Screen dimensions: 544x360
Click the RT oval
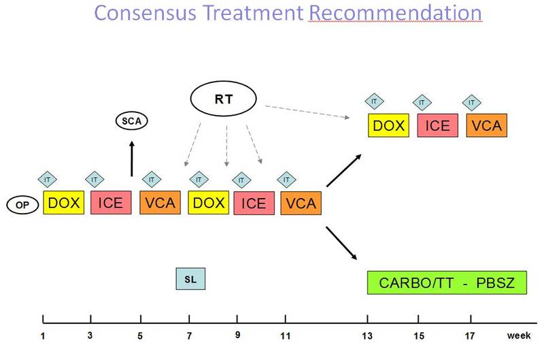[x=224, y=99]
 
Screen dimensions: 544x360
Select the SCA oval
[x=131, y=121]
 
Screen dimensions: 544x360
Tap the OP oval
[x=22, y=205]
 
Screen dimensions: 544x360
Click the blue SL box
[x=190, y=279]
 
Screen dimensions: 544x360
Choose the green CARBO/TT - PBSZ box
[x=447, y=282]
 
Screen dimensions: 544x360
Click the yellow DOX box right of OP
[x=63, y=202]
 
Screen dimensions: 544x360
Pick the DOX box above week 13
[x=388, y=125]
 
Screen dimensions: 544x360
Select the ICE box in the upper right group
[x=437, y=125]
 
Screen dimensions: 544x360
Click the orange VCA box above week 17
[x=487, y=125]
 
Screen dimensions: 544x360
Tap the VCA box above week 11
[x=301, y=203]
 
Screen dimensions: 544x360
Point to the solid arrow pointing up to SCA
[x=131, y=159]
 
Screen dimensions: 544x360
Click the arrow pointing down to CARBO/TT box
[x=341, y=244]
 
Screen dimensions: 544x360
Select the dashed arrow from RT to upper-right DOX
[x=307, y=112]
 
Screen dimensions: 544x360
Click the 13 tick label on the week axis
[x=367, y=336]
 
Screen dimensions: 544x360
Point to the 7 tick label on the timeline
[x=189, y=336]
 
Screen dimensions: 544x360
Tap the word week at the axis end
[x=519, y=336]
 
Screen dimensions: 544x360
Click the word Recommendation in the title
[x=395, y=13]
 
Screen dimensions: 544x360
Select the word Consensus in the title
[x=145, y=13]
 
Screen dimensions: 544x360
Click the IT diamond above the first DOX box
[x=47, y=180]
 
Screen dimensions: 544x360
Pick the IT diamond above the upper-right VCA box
[x=471, y=102]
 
